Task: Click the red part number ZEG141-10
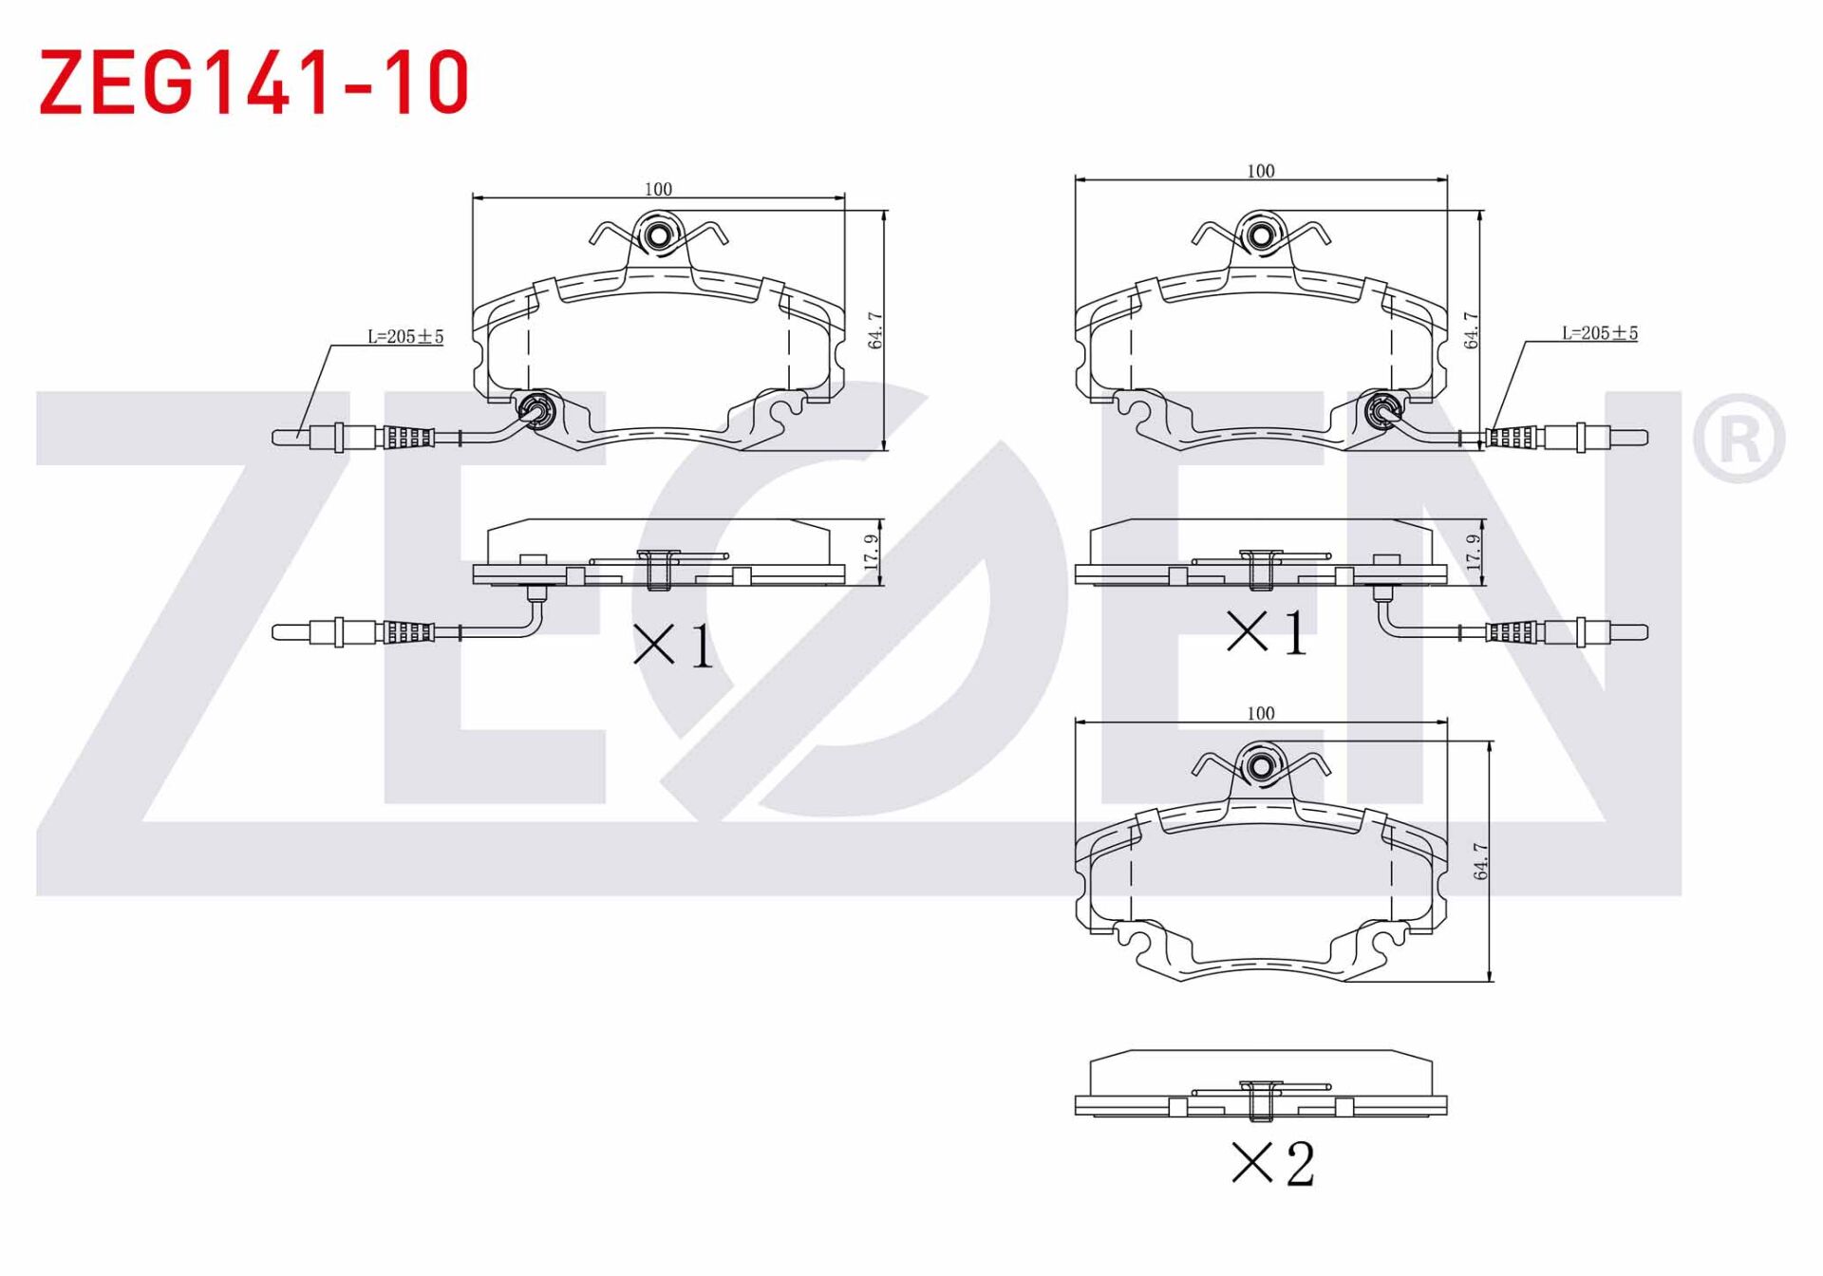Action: pos(254,82)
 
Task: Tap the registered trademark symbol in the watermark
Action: pos(1738,439)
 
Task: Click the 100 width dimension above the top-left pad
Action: pos(658,189)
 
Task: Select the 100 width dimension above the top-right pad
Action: pos(1260,171)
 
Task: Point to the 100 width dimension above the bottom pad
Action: pos(1260,713)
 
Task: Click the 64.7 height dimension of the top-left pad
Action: pos(875,330)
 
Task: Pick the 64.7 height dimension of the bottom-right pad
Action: pos(1480,861)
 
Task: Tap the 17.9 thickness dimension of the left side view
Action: pos(872,552)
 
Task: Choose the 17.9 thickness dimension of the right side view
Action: pos(1473,552)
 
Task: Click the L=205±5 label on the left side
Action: pos(405,336)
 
